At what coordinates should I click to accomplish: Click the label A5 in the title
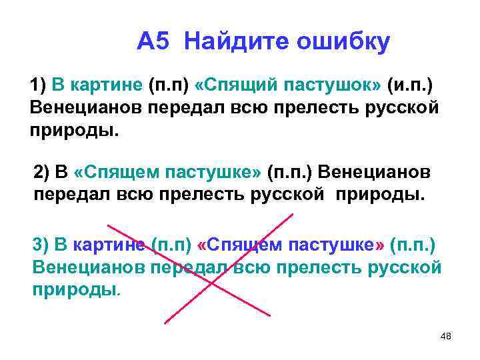point(155,42)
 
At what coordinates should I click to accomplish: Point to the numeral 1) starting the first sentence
point(38,85)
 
